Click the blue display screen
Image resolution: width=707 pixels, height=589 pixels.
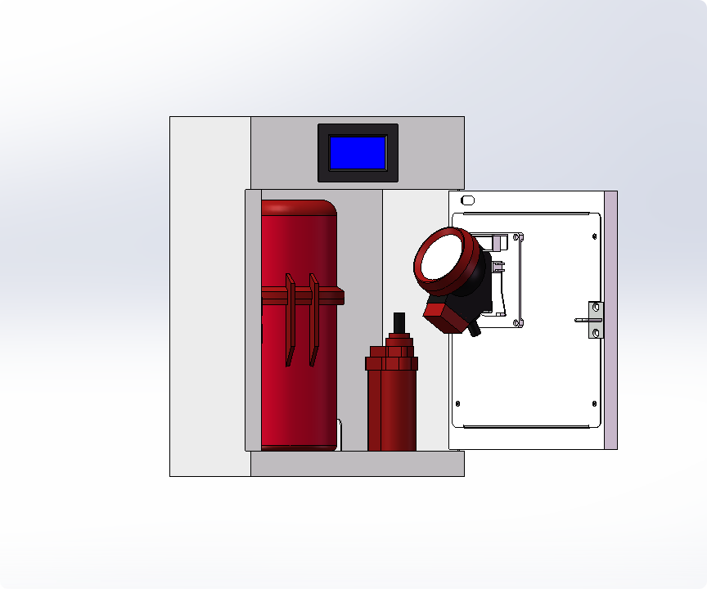pos(358,152)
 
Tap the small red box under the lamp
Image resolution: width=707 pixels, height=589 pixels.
pos(443,317)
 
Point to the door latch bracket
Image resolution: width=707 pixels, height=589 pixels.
pos(596,320)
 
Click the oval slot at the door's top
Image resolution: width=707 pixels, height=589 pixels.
pos(468,200)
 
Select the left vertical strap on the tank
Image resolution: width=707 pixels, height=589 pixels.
pos(290,319)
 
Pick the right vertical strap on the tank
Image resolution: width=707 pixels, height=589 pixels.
pos(313,319)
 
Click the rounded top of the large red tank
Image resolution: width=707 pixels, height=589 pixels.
pos(299,209)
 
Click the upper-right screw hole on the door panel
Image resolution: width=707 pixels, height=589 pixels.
pos(594,236)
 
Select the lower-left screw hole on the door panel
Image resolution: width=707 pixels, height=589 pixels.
pos(457,403)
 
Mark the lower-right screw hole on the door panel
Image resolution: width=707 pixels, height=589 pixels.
pos(594,402)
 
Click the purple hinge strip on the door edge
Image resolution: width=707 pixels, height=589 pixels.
pos(610,319)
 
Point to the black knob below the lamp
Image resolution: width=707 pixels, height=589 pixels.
pos(473,329)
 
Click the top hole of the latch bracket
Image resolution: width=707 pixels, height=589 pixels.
pos(597,308)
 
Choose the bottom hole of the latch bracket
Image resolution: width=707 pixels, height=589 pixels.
pos(597,333)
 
